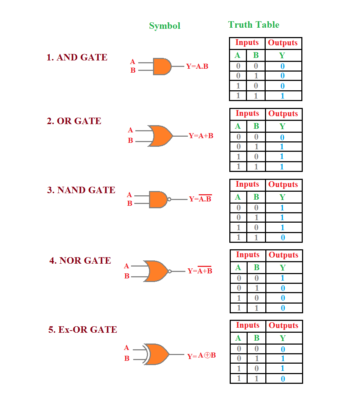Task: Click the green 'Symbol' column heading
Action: pos(165,26)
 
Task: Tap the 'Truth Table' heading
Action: pos(254,25)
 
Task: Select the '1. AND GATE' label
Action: pos(77,58)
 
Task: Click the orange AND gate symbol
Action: pos(162,66)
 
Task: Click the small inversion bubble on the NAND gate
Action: pos(169,199)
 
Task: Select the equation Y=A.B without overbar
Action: pos(197,67)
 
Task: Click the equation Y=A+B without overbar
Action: pos(201,136)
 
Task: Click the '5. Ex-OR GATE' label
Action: pos(82,330)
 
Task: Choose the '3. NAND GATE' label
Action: pos(81,190)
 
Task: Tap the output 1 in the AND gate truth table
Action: pos(283,96)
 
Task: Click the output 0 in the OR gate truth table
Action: pos(282,137)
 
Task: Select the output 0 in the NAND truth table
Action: pos(283,237)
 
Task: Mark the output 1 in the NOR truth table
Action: pos(283,278)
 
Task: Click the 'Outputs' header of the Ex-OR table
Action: pos(283,326)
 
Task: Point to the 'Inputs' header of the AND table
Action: pos(247,43)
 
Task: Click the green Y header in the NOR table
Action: pos(283,268)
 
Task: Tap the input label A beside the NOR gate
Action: pos(126,266)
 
